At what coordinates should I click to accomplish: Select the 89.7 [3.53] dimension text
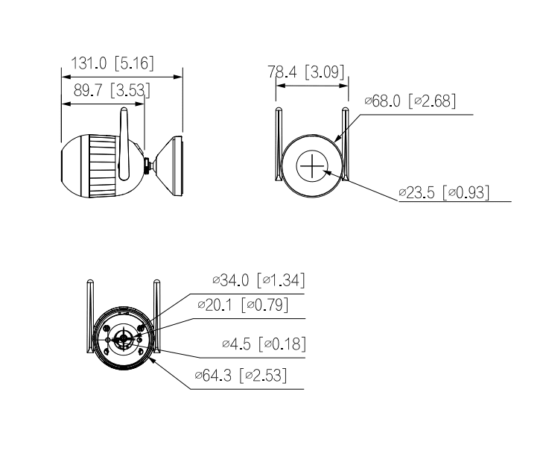111,92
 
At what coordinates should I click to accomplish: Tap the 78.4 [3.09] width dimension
305,72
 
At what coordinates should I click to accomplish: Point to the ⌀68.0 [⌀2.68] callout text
409,101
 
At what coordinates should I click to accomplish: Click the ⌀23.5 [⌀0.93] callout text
443,193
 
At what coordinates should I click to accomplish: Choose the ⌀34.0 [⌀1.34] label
258,280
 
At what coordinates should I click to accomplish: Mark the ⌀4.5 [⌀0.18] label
264,344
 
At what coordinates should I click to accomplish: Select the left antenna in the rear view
89,313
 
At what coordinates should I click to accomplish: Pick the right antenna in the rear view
156,313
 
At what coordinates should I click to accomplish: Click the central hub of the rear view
124,339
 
